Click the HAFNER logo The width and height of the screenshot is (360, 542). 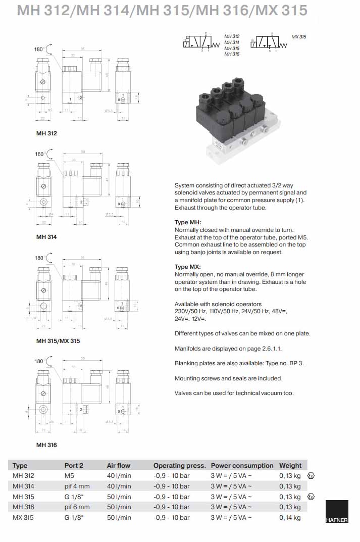click(336, 512)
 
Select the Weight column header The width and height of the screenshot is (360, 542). click(290, 465)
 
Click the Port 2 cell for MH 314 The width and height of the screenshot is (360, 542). click(77, 486)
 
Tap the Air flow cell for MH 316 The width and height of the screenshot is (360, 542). click(119, 507)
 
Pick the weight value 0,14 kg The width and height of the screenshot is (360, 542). click(290, 518)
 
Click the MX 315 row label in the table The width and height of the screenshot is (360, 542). click(23, 518)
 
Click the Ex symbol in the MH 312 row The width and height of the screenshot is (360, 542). click(311, 476)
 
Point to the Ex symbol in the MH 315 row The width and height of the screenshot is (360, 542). click(311, 497)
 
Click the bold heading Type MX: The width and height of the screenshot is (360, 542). click(188, 267)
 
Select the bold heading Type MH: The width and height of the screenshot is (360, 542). click(188, 223)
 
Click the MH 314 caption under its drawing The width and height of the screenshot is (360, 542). click(46, 237)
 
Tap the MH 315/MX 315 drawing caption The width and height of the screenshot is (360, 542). click(58, 341)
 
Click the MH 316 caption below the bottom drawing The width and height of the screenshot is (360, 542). click(46, 445)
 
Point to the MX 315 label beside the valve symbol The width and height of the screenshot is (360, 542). click(299, 37)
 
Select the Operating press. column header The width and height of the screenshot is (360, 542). click(179, 465)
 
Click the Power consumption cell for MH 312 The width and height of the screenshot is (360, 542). click(231, 476)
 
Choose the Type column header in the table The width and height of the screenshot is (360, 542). click(20, 465)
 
